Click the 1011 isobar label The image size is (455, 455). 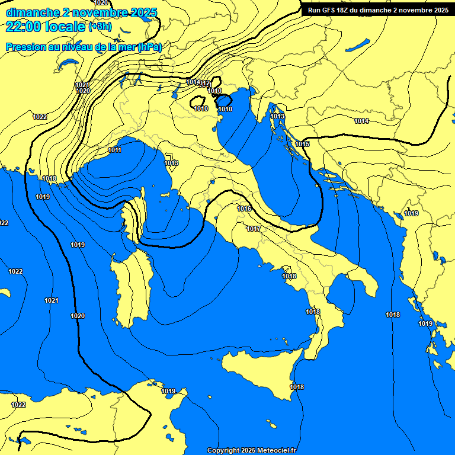point(115,150)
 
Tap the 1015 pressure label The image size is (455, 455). point(302,144)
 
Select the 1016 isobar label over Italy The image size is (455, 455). point(244,209)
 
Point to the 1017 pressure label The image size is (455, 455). point(254,229)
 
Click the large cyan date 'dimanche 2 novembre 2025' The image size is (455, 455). point(81,12)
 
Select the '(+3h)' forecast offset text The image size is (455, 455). point(99,27)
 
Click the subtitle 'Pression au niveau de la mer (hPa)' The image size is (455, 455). point(84,47)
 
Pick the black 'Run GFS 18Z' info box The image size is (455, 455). point(377,10)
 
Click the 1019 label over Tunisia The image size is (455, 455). point(168,391)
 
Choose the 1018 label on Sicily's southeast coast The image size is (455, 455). point(297,387)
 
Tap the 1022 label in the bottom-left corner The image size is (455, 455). point(18,405)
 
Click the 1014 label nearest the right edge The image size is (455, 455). point(361,121)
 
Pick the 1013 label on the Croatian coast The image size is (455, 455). point(277,116)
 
